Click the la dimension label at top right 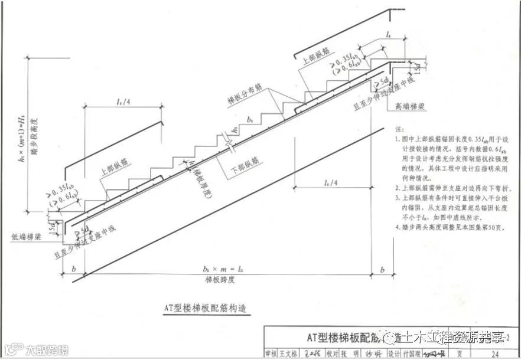[388, 35]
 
